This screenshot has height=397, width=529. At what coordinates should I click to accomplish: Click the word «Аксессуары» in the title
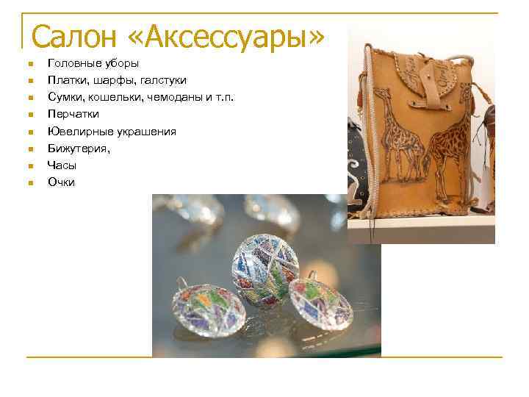[x=234, y=36]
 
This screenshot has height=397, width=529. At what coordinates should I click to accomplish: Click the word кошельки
[x=114, y=97]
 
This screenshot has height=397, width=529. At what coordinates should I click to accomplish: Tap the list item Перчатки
[x=73, y=114]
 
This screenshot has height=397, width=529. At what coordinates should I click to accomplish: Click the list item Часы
[x=62, y=165]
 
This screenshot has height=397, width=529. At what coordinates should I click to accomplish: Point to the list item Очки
[x=61, y=182]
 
